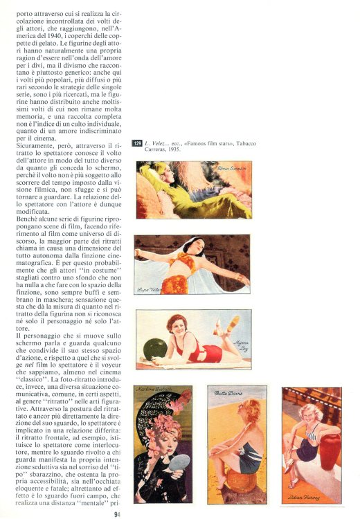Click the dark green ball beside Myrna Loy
pyautogui.click(x=155, y=347)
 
